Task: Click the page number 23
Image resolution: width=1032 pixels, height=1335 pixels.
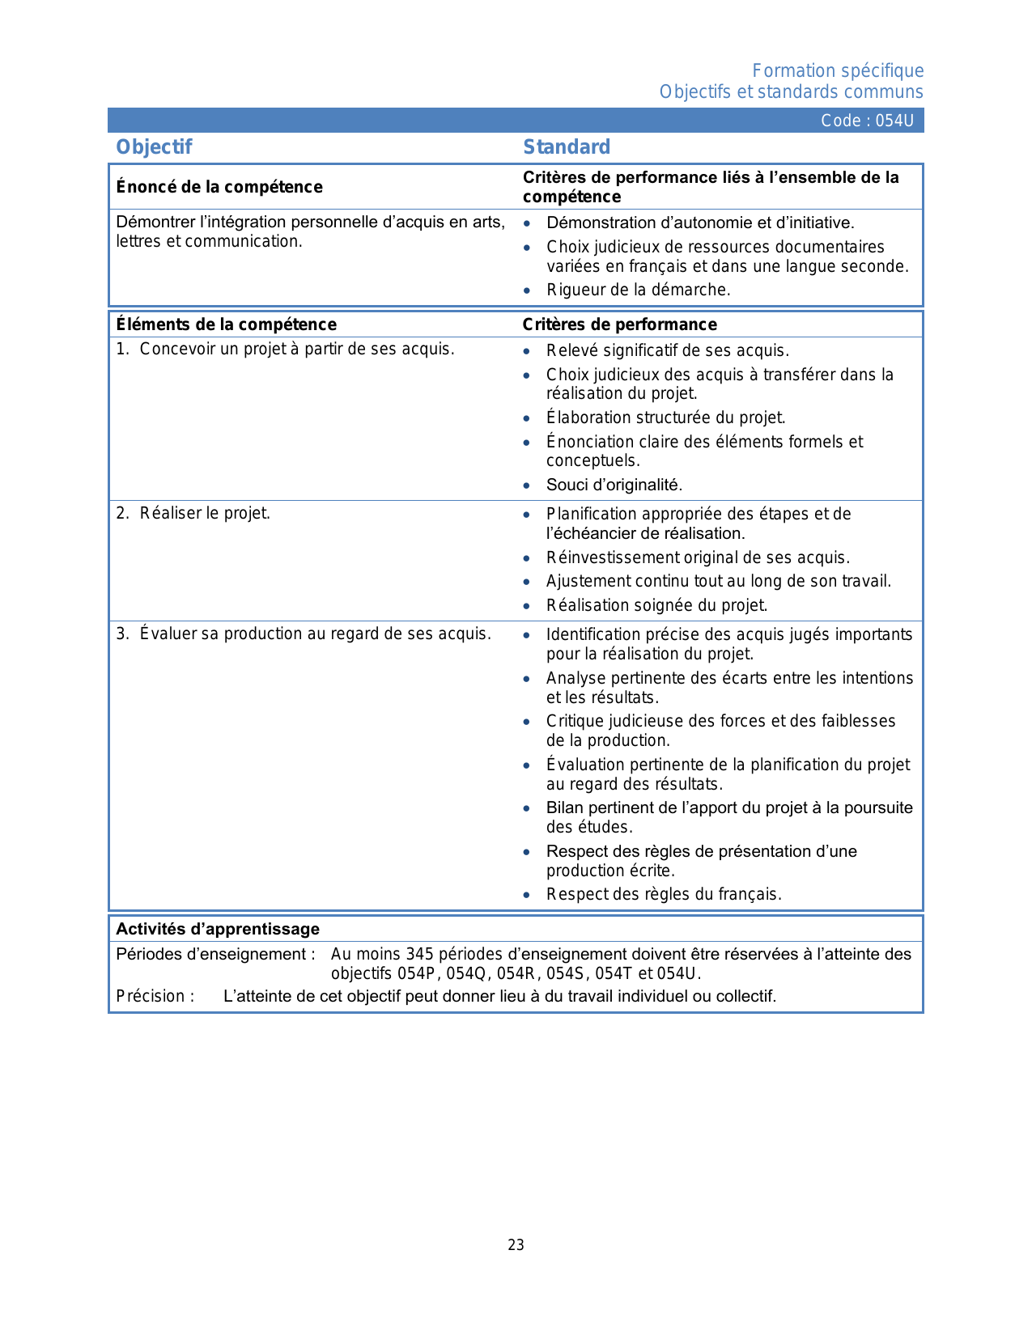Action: click(x=516, y=1245)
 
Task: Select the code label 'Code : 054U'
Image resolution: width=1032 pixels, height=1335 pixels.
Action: click(x=867, y=121)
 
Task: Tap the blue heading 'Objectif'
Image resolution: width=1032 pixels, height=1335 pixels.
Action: click(x=154, y=147)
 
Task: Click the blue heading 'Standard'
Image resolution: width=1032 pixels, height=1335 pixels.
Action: click(x=567, y=147)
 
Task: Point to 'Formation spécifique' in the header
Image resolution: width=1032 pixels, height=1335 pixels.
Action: click(x=838, y=71)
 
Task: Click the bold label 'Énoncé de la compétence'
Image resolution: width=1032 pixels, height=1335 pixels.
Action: click(x=219, y=187)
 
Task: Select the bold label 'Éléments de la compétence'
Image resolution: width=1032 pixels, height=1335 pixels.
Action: click(x=226, y=324)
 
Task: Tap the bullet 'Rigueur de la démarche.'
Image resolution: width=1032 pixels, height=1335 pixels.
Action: click(x=638, y=290)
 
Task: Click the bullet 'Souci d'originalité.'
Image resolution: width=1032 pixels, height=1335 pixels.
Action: click(x=614, y=485)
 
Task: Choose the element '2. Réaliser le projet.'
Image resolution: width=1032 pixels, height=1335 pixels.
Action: click(x=193, y=513)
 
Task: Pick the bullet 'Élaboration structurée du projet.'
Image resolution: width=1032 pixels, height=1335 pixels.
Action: click(x=665, y=417)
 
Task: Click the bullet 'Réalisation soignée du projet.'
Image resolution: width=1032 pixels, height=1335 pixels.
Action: click(x=656, y=605)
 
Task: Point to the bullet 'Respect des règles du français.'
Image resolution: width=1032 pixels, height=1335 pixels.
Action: click(x=664, y=894)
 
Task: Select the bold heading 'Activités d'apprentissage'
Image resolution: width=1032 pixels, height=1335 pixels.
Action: click(x=218, y=929)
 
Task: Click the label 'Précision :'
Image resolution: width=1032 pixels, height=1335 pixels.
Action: click(x=155, y=996)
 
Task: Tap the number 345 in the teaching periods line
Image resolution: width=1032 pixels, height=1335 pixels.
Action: click(x=419, y=955)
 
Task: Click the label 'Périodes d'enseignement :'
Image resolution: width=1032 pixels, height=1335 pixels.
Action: click(x=215, y=955)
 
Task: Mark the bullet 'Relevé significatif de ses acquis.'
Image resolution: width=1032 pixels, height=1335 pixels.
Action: click(x=667, y=350)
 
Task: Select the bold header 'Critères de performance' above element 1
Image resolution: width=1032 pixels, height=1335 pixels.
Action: click(x=619, y=324)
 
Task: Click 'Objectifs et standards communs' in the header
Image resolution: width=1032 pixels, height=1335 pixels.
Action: click(x=791, y=92)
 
